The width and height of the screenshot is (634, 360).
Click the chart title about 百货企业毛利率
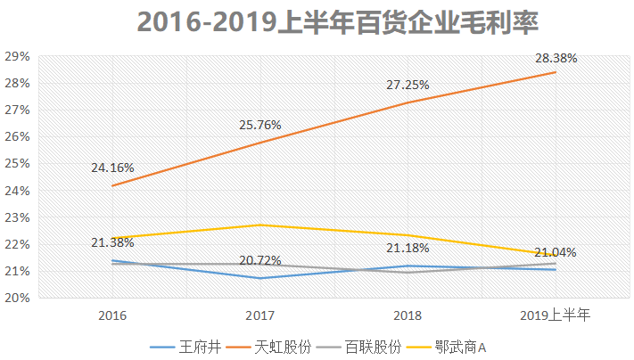click(338, 21)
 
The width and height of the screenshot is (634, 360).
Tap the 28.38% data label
click(556, 58)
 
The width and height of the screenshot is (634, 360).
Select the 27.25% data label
click(408, 85)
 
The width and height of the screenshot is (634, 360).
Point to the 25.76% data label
click(260, 125)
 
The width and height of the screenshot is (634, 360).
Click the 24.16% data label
click(112, 168)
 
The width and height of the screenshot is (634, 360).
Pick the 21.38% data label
click(112, 242)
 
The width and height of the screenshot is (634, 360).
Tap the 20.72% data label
click(260, 260)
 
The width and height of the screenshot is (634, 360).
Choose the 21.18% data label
click(408, 248)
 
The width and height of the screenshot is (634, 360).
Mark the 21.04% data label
click(556, 252)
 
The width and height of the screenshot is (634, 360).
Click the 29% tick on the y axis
click(17, 56)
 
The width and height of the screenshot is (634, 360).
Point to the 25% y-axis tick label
click(17, 164)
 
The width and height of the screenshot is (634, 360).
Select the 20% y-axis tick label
click(17, 298)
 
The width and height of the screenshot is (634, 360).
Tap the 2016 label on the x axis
click(112, 315)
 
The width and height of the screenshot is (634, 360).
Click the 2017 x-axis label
click(260, 315)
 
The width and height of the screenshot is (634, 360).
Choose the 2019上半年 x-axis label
click(556, 315)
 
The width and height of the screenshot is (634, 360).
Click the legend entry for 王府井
click(185, 347)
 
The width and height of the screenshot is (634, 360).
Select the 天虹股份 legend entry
click(268, 347)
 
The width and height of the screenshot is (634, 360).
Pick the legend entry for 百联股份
click(359, 347)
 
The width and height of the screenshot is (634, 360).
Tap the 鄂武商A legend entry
click(446, 347)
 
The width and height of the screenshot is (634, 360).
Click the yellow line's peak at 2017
click(260, 225)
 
